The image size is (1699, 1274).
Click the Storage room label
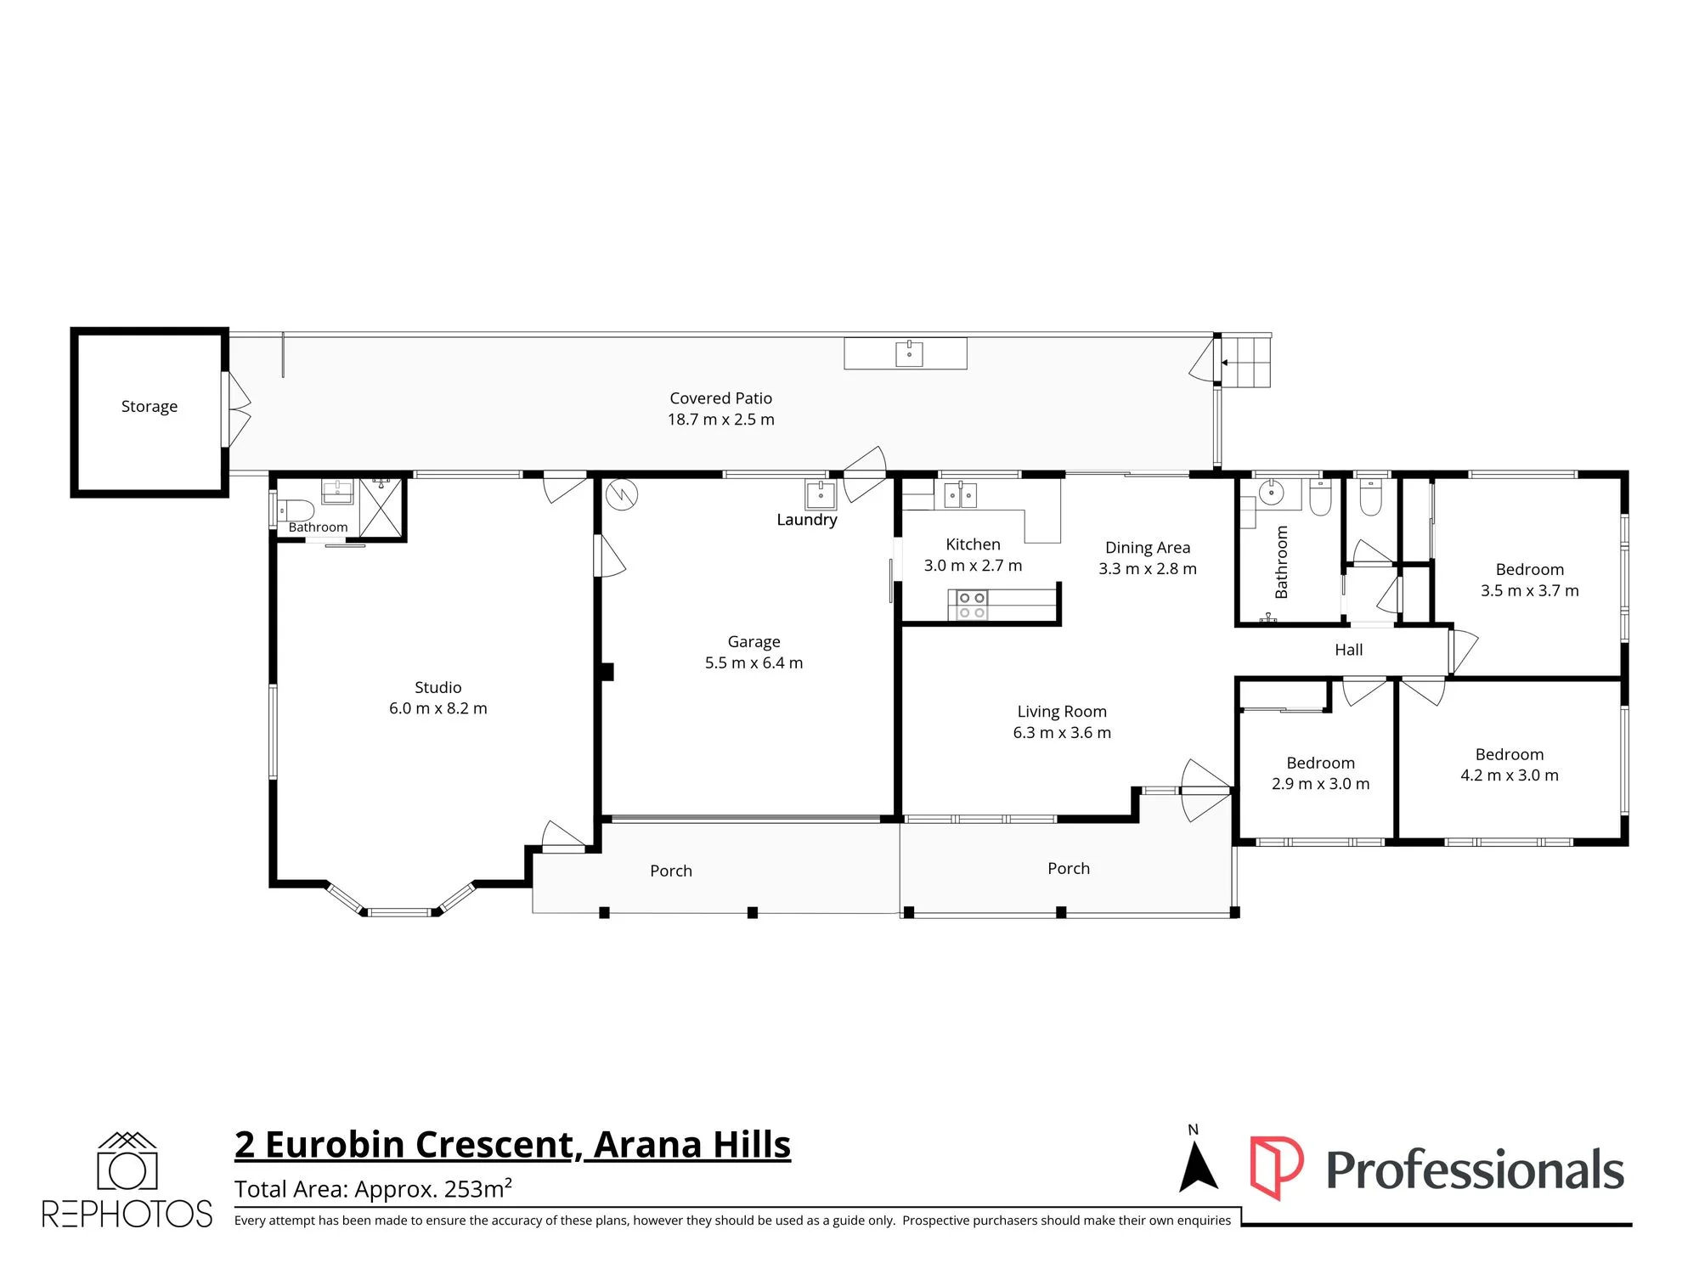coord(150,407)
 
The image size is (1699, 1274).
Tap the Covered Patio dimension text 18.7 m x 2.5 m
coord(721,420)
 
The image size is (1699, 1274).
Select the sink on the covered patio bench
coord(909,353)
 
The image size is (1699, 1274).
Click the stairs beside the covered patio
coord(1246,361)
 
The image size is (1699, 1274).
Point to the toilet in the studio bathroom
coord(295,510)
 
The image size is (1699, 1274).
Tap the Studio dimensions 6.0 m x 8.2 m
coord(438,708)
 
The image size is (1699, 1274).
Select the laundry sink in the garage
coord(821,494)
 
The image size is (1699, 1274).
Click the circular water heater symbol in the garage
coord(622,494)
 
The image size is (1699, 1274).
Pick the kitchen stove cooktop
coord(972,606)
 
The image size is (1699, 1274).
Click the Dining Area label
coord(1148,548)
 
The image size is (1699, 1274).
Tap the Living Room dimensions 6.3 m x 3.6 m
coord(1062,733)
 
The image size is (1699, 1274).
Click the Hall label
coord(1349,650)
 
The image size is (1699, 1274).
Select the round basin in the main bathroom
coord(1271,493)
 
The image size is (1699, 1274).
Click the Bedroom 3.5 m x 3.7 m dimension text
coord(1530,591)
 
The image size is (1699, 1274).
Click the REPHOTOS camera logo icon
coord(127,1161)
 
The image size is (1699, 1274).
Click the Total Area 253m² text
coord(373,1188)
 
